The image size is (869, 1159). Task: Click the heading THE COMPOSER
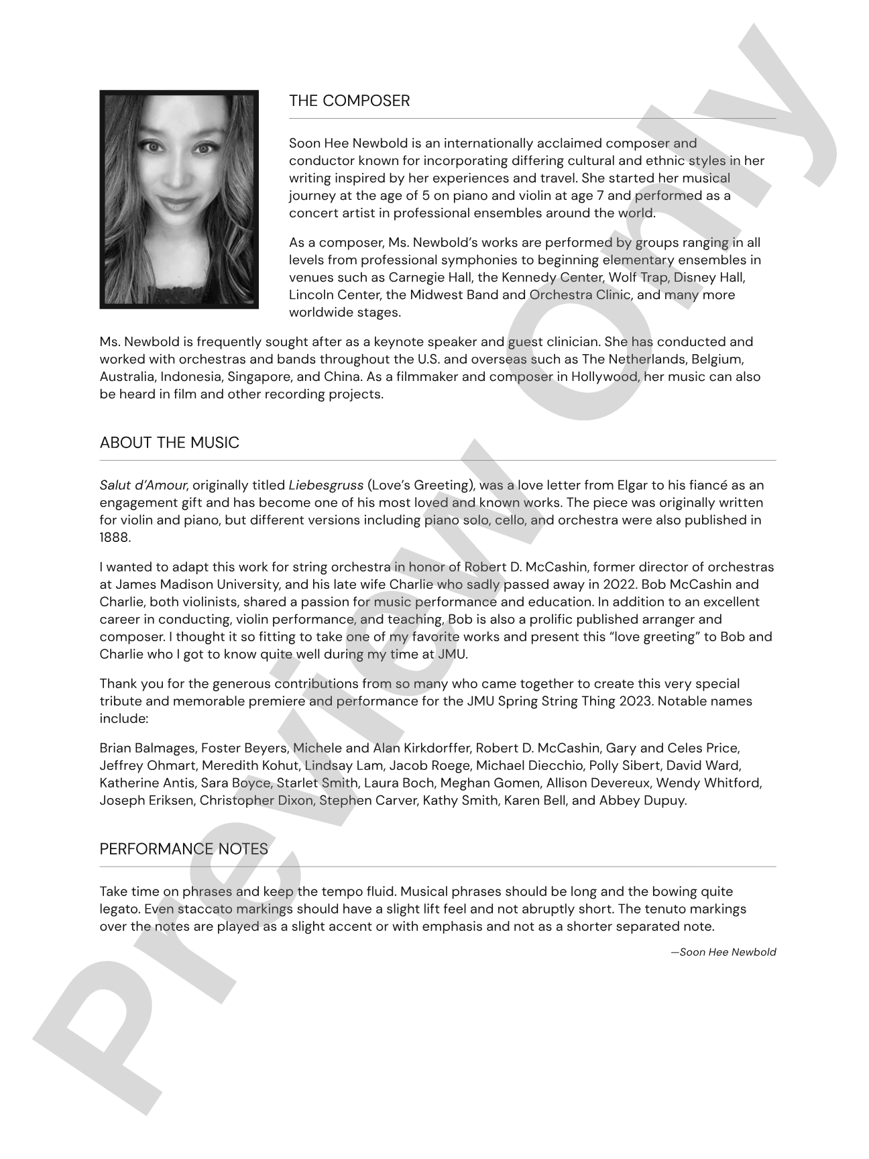[349, 101]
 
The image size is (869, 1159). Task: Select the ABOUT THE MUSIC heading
[169, 443]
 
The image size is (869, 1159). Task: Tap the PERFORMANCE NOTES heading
[184, 849]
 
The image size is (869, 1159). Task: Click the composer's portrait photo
[179, 199]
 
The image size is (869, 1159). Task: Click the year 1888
[115, 538]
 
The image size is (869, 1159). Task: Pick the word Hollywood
[605, 377]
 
